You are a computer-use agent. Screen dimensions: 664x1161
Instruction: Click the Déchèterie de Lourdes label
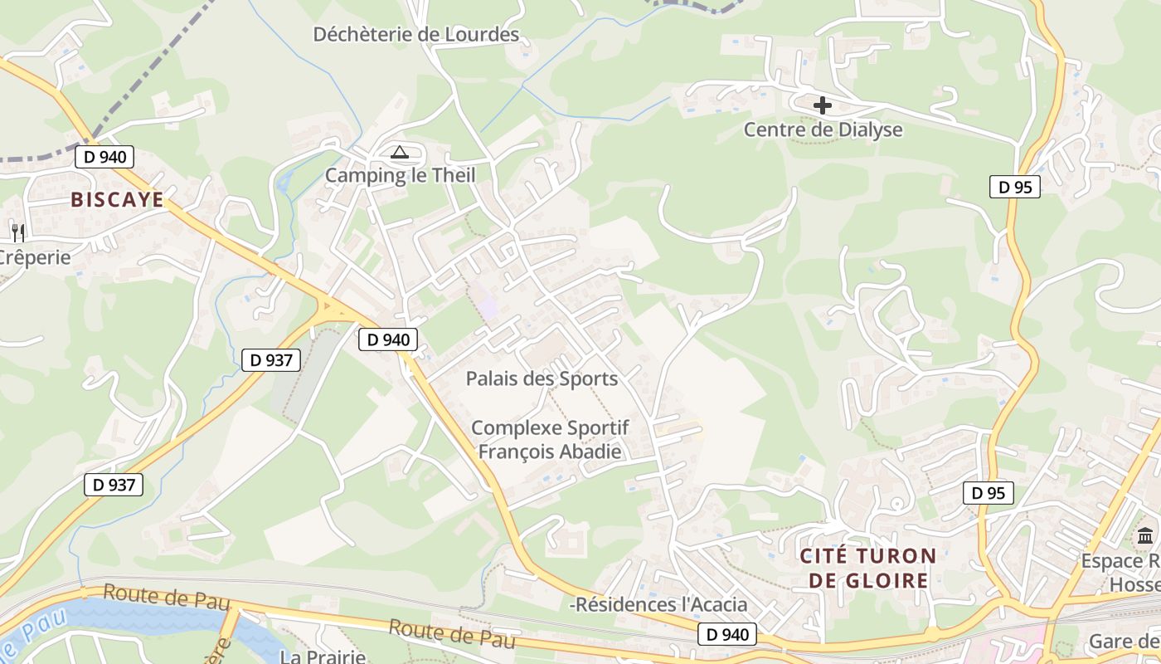click(415, 35)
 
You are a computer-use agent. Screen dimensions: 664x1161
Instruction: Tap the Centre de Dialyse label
click(823, 129)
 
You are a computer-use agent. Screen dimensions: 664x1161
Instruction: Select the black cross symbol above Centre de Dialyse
click(823, 105)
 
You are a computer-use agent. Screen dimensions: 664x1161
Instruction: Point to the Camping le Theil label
click(400, 175)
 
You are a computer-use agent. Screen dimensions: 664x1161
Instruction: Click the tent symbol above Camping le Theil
click(400, 152)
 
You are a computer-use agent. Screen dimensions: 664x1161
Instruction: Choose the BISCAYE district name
click(117, 199)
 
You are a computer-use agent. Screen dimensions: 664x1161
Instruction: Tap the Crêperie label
click(35, 257)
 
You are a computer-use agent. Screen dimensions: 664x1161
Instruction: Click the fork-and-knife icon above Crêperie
click(17, 232)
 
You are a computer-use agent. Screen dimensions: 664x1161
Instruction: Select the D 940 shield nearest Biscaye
click(104, 157)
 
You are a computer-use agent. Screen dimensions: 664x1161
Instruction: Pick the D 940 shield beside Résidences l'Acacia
click(727, 635)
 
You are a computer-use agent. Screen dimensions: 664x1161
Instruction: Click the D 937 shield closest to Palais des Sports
click(271, 360)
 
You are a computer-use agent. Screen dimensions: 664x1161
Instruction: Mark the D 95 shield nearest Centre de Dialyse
click(1015, 187)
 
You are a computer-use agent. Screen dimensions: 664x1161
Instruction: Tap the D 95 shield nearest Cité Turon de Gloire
click(989, 493)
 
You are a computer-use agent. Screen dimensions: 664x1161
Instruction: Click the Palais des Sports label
click(542, 378)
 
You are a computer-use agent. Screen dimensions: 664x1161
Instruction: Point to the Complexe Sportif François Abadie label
click(550, 440)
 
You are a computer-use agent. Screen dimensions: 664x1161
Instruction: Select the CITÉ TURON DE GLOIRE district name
click(868, 568)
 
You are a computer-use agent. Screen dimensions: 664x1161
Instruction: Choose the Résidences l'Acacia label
click(659, 604)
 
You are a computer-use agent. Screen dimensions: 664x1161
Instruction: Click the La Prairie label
click(323, 657)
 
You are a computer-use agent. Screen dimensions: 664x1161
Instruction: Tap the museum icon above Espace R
click(1146, 536)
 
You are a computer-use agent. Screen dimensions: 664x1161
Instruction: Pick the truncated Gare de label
click(1124, 641)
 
